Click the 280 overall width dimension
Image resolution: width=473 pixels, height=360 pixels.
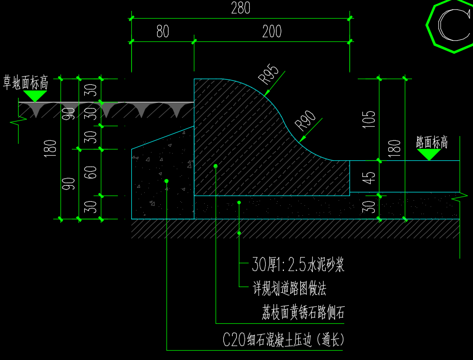[241, 8]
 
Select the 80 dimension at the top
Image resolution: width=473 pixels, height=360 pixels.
[163, 31]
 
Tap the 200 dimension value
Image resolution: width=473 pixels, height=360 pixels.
[272, 31]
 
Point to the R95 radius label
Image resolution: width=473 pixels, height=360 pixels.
[268, 74]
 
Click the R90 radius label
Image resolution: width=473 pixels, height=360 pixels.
[305, 121]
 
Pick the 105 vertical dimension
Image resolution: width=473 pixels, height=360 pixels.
[369, 119]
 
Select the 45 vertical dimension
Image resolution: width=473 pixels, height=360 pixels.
[369, 178]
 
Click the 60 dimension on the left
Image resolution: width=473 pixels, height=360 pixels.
[90, 172]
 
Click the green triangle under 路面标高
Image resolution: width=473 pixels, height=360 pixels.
[429, 155]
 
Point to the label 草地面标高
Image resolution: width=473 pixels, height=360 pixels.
[26, 82]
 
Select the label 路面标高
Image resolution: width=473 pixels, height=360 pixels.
[432, 142]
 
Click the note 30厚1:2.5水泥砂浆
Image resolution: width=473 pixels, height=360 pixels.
[298, 264]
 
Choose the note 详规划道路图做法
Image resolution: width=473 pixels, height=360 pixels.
[289, 289]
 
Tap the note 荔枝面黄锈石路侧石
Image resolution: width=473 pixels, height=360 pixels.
[303, 312]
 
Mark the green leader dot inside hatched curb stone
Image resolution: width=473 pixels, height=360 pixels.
[216, 166]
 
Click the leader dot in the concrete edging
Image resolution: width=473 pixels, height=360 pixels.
[166, 181]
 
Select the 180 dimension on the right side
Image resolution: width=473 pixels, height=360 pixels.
[394, 148]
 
